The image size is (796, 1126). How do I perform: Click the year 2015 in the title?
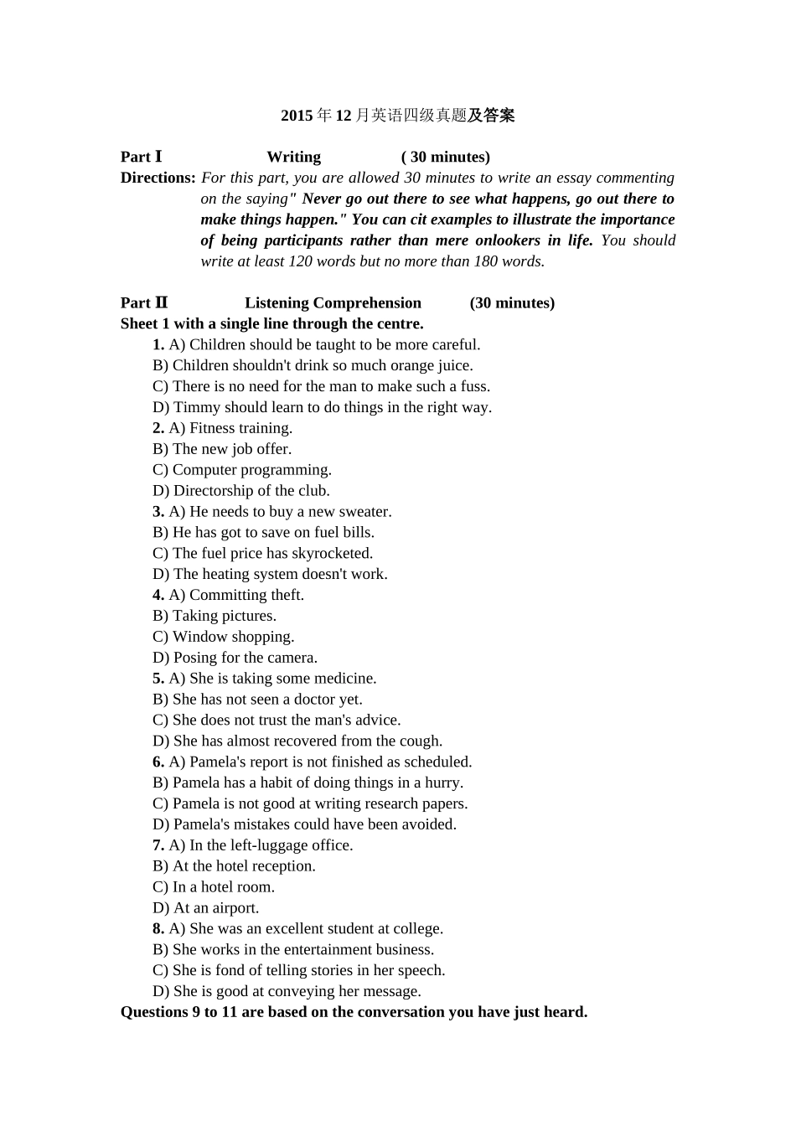pyautogui.click(x=297, y=116)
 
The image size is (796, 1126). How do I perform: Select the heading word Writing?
pyautogui.click(x=293, y=157)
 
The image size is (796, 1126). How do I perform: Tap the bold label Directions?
pyautogui.click(x=158, y=178)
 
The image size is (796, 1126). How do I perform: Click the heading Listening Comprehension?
pyautogui.click(x=333, y=303)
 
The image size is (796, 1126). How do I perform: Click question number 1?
pyautogui.click(x=158, y=344)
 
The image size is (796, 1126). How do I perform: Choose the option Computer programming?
pyautogui.click(x=251, y=470)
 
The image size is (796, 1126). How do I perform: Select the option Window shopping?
pyautogui.click(x=233, y=637)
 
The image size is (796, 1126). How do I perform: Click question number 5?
pyautogui.click(x=158, y=679)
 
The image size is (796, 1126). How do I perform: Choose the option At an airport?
pyautogui.click(x=215, y=908)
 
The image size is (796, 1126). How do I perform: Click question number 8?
pyautogui.click(x=158, y=929)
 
